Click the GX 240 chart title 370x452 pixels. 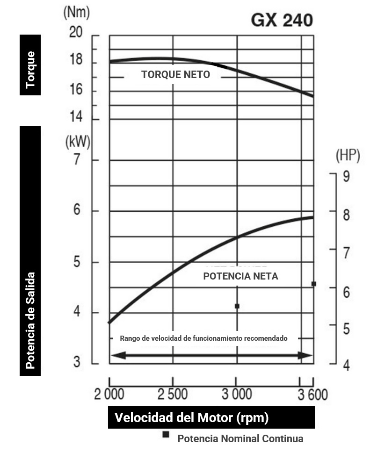pos(282,20)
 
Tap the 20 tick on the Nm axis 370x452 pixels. pos(76,32)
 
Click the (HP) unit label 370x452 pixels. pos(348,156)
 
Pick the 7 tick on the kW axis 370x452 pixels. pos(78,160)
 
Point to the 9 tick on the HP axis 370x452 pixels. pos(346,177)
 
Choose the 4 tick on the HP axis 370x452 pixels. pos(346,365)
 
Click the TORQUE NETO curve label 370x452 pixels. pos(176,74)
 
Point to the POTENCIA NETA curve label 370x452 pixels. pos(240,276)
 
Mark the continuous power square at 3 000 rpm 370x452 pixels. pos(237,306)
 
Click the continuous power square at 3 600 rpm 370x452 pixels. pos(313,284)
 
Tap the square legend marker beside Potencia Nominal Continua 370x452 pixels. pos(166,434)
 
